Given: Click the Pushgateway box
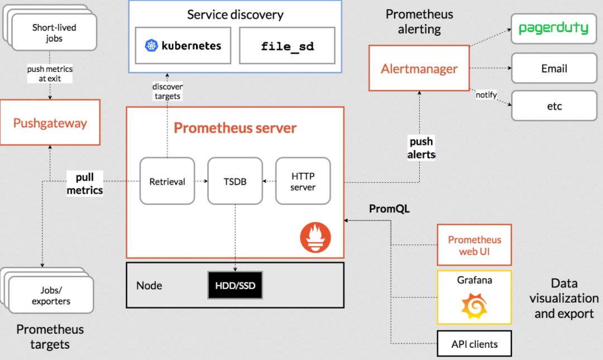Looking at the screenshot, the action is pos(50,122).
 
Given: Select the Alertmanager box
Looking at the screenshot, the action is pos(419,68).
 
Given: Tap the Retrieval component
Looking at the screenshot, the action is pos(167,181).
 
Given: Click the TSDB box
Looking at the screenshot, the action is pos(235,181).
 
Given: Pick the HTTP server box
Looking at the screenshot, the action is pos(303,181).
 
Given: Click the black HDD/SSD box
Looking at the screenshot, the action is pos(235,285).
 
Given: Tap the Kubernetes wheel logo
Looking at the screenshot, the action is pos(151,45).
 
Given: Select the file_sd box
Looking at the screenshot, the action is pos(288,45).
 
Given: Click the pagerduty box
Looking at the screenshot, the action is pos(554,28).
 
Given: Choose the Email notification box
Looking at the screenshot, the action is pos(554,68).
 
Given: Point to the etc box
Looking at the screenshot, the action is pos(554,106).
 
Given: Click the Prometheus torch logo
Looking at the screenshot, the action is pos(315,237).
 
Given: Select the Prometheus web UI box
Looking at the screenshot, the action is pos(474,245).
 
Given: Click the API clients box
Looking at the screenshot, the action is pos(474,343).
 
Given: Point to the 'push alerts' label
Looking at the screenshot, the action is pos(421,148).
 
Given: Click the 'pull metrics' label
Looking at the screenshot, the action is pos(85,184).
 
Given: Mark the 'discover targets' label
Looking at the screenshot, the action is pos(167,91).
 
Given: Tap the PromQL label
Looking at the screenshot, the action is pos(389,208).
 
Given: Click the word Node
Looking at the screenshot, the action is pos(149,285).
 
